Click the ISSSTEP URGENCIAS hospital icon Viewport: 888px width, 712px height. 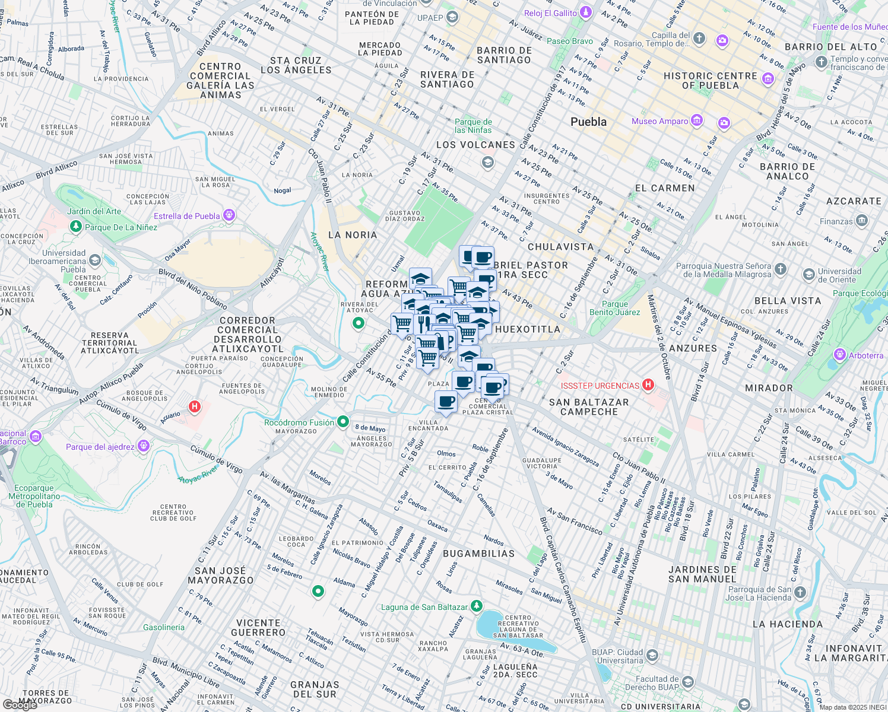pos(648,385)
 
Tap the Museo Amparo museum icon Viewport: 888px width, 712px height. pos(697,121)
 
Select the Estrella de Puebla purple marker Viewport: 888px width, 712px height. pos(229,215)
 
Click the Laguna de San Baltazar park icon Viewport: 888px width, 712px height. pos(476,606)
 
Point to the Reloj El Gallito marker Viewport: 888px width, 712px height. pos(586,12)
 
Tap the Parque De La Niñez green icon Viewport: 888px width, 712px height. pos(75,227)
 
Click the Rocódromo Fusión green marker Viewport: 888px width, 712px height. pos(342,422)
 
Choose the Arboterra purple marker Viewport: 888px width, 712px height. pos(839,355)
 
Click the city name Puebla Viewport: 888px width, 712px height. pos(588,122)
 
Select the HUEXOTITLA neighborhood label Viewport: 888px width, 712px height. pos(528,329)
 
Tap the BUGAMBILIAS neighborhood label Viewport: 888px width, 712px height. pos(479,554)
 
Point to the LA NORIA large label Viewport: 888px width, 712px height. pos(353,235)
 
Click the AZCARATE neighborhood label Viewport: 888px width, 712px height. pos(854,201)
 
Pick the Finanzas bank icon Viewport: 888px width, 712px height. pos(862,221)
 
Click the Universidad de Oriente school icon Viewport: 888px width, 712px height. pos(808,275)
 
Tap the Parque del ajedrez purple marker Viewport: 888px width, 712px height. pos(143,446)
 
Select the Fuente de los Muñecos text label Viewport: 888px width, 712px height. pos(849,27)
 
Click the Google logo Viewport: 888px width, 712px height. pos(20,705)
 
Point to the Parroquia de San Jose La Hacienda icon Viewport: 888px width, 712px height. pos(800,592)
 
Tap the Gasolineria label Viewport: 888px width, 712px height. pos(164,627)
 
